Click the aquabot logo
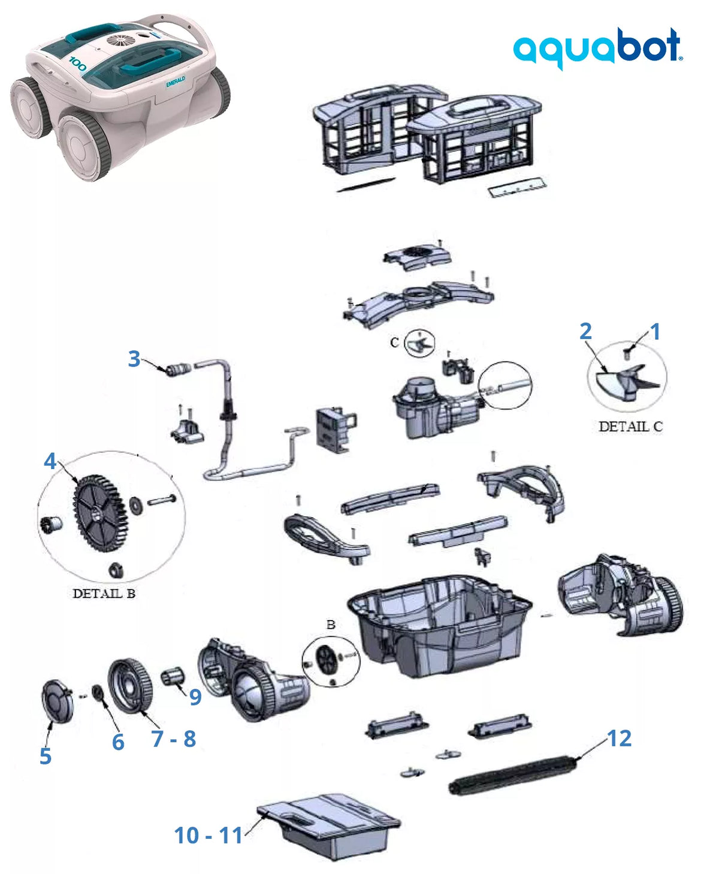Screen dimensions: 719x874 [597, 49]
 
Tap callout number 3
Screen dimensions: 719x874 [134, 358]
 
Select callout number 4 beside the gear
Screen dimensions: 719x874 [50, 461]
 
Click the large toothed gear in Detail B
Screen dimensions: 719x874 [100, 513]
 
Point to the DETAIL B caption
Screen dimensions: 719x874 [104, 594]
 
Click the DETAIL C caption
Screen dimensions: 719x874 [630, 427]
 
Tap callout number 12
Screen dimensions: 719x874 [619, 738]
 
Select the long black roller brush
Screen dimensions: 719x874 [513, 774]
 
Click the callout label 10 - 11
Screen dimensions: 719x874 [209, 835]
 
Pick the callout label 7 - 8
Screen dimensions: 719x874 [173, 739]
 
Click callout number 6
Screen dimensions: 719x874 [118, 742]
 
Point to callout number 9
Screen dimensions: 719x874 [195, 697]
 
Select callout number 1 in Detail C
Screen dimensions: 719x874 [655, 331]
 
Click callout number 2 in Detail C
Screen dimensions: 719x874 [585, 331]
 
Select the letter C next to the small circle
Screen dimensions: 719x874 [394, 342]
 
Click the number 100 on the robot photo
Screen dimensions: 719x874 [77, 64]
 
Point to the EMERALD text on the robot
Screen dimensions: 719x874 [176, 81]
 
